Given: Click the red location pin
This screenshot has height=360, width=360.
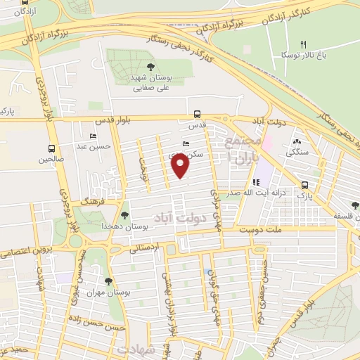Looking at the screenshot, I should point(181,165).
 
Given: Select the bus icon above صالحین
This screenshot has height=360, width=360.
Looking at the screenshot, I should point(51,148).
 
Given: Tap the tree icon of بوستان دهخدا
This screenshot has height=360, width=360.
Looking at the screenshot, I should point(124,215).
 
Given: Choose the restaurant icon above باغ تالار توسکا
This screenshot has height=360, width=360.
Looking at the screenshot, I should point(304,44).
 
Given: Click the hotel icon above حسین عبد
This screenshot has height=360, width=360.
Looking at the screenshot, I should point(92,136).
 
